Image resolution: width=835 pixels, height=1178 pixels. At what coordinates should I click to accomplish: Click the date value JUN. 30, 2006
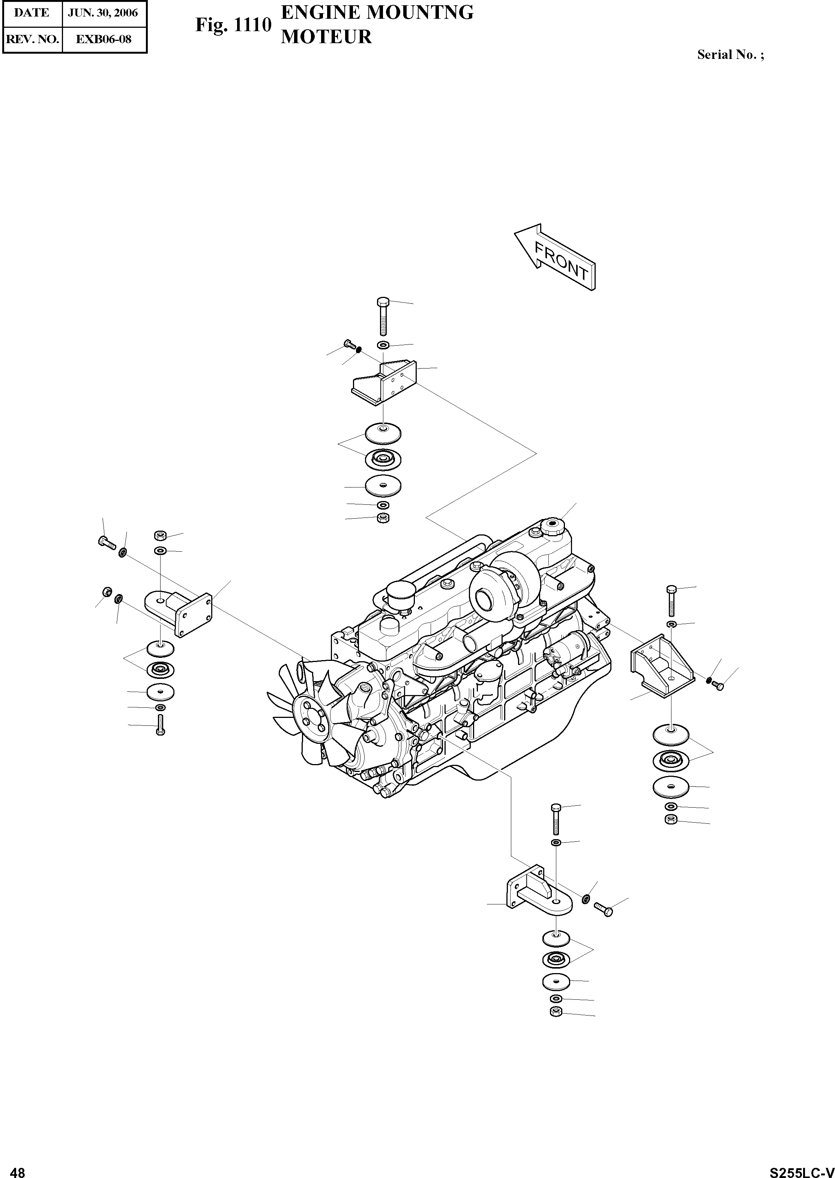(103, 13)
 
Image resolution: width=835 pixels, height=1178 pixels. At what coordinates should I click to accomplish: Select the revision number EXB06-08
(104, 39)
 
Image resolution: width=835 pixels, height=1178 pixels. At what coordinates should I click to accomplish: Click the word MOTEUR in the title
(326, 37)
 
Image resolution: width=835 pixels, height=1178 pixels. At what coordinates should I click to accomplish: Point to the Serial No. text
(730, 54)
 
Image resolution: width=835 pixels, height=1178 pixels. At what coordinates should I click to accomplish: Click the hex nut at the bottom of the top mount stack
(383, 518)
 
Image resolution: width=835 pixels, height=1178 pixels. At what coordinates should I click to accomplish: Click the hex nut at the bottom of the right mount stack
(670, 820)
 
